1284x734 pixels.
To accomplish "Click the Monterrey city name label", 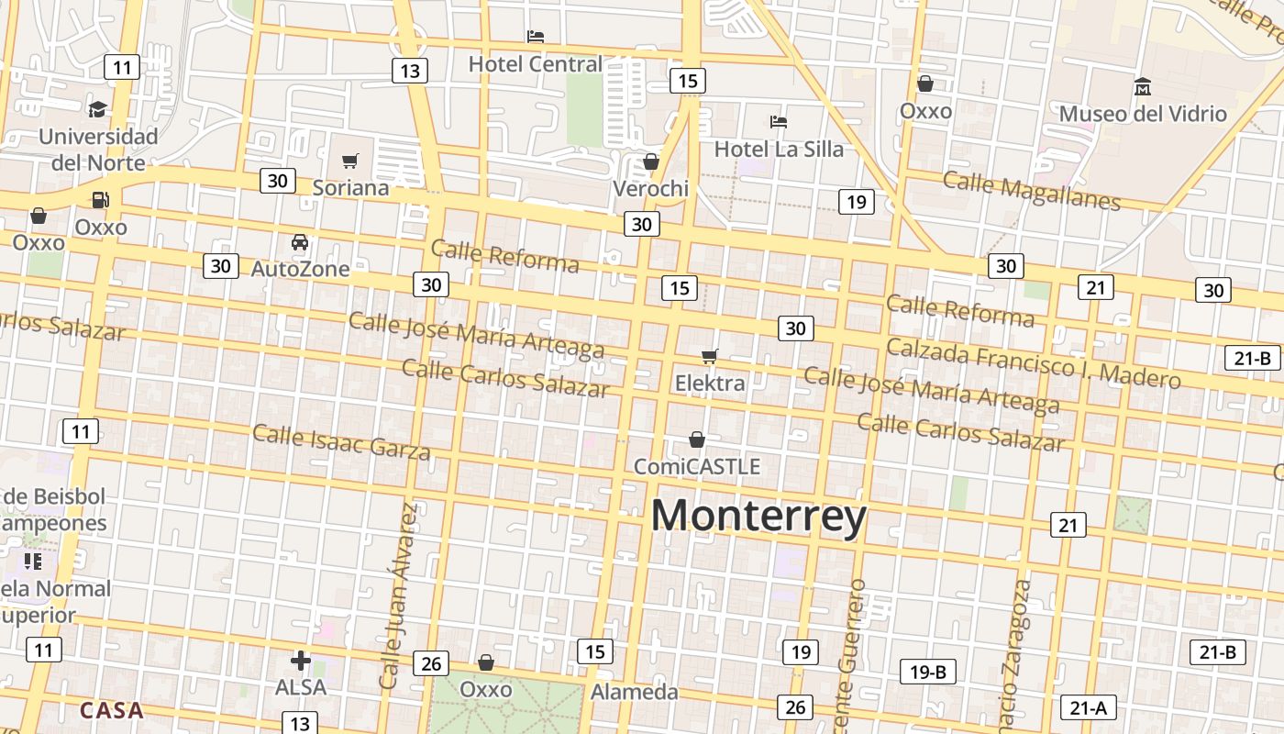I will coord(758,516).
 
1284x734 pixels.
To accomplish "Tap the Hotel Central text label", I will coord(536,64).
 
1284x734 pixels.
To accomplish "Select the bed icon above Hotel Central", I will coord(536,37).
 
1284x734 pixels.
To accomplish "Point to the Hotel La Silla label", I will coord(779,149).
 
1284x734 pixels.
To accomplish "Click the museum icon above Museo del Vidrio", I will coord(1143,87).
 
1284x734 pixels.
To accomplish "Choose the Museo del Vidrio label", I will coord(1143,114).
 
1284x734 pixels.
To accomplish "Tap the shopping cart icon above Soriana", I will coord(349,161).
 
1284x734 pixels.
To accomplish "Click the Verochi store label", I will coord(650,189).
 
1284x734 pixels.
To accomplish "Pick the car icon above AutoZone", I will coord(300,242).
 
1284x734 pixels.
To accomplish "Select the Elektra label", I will coord(710,383).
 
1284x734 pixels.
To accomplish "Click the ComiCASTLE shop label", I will coord(697,467).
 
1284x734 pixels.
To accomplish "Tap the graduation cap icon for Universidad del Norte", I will coord(97,110).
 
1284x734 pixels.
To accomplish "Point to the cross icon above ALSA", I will coord(301,661).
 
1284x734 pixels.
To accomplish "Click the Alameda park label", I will coord(635,692).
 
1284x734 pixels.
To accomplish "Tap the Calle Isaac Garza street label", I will coord(341,441).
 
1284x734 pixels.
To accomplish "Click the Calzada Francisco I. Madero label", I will coord(1033,362).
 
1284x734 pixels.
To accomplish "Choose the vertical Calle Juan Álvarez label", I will coord(403,596).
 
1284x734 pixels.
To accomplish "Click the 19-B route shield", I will coord(928,672).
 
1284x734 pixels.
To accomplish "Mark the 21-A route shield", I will coord(1088,708).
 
